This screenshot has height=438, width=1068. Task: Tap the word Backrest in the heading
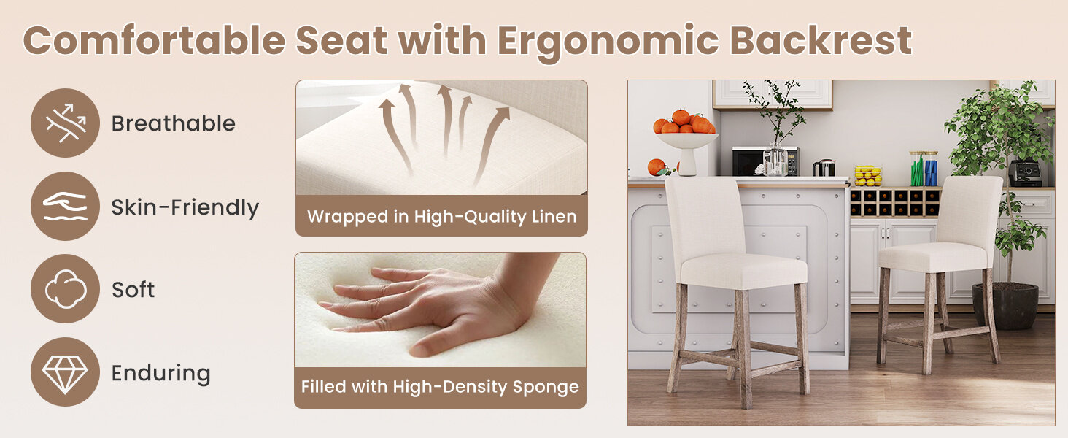click(821, 40)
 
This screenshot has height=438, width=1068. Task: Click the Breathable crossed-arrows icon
click(66, 123)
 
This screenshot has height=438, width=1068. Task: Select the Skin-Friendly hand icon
click(66, 206)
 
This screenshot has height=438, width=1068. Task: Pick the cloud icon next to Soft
click(66, 288)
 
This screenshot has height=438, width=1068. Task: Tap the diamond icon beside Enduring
click(66, 372)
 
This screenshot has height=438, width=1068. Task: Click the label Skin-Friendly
click(185, 208)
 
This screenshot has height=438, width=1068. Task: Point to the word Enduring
click(160, 374)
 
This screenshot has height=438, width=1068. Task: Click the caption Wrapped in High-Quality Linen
click(441, 217)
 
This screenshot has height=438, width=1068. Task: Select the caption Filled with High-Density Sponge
click(440, 386)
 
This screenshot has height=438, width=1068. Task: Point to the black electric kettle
click(824, 168)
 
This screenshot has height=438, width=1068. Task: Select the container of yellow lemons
click(868, 176)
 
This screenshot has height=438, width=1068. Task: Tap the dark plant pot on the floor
click(1005, 305)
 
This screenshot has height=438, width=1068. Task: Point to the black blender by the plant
click(1025, 172)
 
